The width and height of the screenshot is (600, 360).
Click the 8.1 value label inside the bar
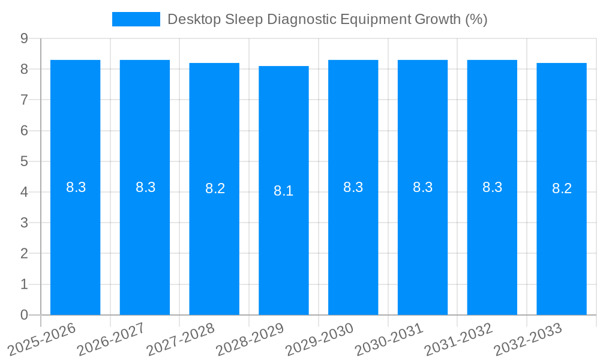284,191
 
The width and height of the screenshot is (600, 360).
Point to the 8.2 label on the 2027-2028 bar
215,188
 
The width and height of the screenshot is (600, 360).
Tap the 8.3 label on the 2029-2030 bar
353,187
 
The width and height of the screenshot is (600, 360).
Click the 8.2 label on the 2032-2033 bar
562,188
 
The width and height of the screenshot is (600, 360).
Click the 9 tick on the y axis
24,38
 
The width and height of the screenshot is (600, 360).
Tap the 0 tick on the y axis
24,315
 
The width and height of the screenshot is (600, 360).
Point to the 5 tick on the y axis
24,161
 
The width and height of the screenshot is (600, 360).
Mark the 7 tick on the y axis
24,100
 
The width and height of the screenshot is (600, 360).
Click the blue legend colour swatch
136,19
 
